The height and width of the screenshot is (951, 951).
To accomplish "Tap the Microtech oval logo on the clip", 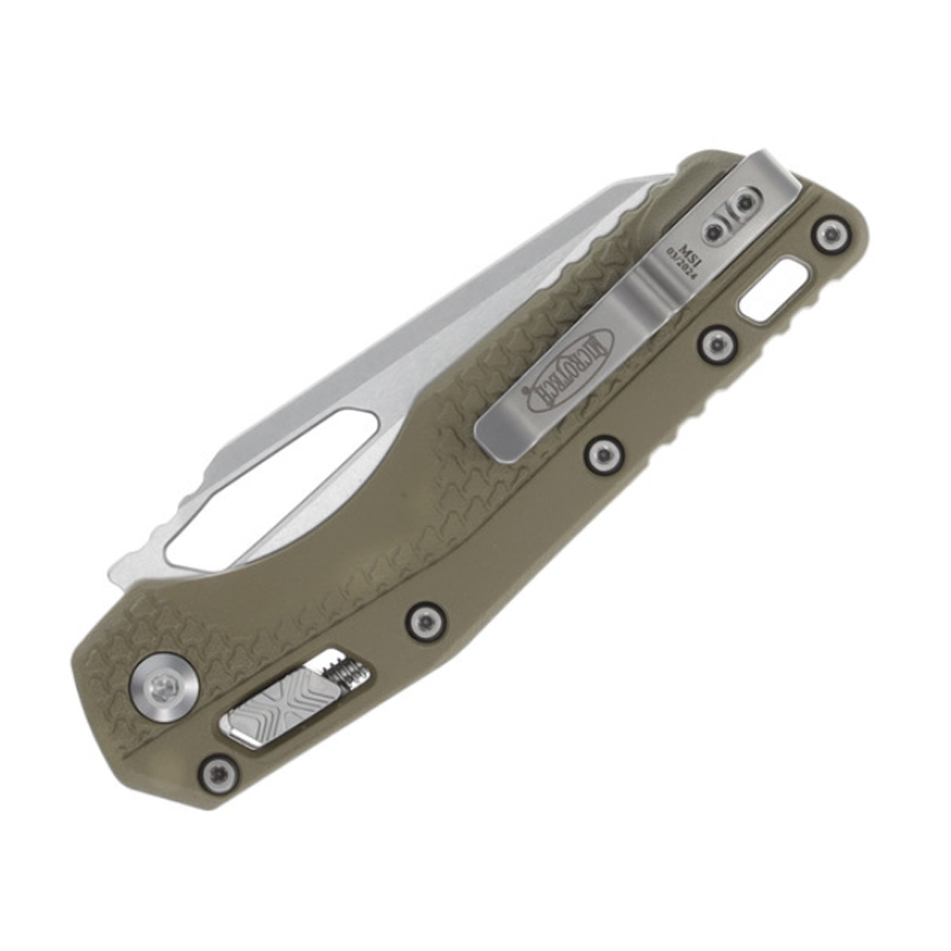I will point(571,371).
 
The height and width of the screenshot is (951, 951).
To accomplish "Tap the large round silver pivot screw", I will point(164,682).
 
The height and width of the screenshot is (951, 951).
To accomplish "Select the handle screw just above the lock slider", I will point(425,621).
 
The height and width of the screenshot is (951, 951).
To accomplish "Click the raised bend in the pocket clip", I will point(656,285).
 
